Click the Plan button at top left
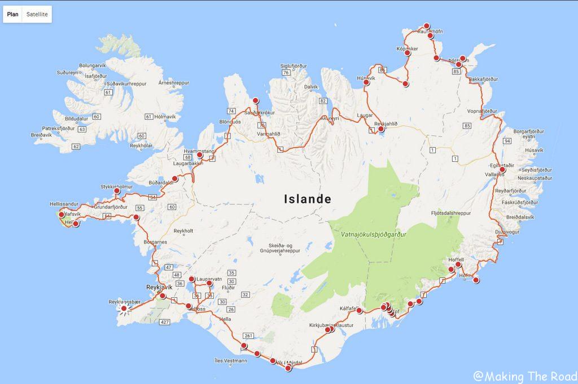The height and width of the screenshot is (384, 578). pyautogui.click(x=12, y=14)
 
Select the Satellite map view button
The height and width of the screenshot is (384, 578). pyautogui.click(x=37, y=14)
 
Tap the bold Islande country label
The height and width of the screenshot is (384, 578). pyautogui.click(x=307, y=199)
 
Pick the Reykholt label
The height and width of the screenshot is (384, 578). pyautogui.click(x=183, y=231)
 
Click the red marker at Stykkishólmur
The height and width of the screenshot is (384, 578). pyautogui.click(x=117, y=191)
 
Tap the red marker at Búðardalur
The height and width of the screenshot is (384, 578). pyautogui.click(x=175, y=179)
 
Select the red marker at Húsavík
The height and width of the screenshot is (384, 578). pyautogui.click(x=366, y=82)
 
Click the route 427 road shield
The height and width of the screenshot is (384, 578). pyautogui.click(x=164, y=321)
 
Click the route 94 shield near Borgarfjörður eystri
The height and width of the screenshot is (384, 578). pyautogui.click(x=507, y=140)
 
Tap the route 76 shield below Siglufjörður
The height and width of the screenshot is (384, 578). pyautogui.click(x=286, y=72)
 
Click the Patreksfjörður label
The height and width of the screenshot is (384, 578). pyautogui.click(x=59, y=129)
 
